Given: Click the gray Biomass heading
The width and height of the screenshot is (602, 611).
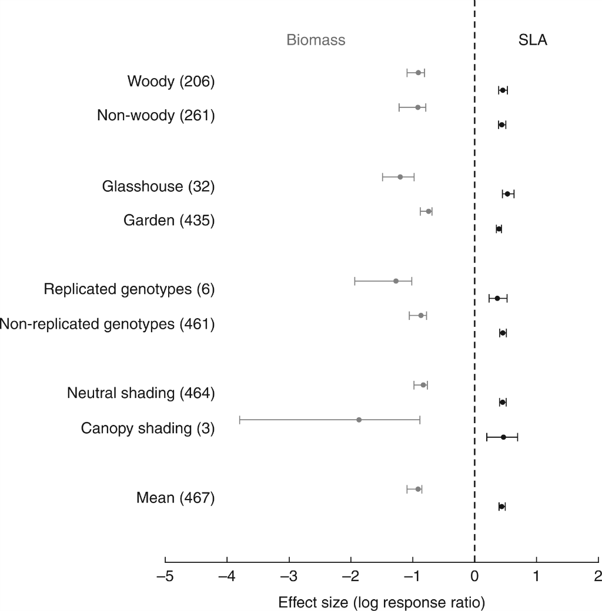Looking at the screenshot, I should (x=316, y=40).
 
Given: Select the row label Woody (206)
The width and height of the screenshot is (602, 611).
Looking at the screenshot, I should (x=171, y=82).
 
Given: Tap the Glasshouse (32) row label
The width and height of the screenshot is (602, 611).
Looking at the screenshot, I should (x=158, y=186).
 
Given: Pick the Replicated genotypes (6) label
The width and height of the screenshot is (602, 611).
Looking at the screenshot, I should (x=129, y=289).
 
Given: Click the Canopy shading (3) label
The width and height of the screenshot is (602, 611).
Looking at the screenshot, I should (x=148, y=428).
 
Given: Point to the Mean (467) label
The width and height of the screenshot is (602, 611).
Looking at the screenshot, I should (x=175, y=498).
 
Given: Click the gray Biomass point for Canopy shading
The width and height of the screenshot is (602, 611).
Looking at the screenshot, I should (x=359, y=420).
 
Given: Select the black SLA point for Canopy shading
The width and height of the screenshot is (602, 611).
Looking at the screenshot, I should (x=503, y=437).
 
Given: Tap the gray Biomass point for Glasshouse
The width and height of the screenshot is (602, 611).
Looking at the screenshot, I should (x=400, y=177).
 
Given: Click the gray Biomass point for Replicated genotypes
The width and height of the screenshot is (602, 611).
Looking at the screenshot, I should (x=396, y=281).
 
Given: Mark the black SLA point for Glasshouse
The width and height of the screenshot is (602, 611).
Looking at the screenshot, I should (x=507, y=194).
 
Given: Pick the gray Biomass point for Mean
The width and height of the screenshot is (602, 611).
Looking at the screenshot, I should (x=418, y=489).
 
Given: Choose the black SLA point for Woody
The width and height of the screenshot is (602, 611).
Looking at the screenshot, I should (x=503, y=90).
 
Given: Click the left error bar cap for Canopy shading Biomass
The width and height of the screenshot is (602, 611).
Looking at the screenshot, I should (x=240, y=420).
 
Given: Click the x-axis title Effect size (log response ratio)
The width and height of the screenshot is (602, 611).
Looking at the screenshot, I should (x=381, y=602).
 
